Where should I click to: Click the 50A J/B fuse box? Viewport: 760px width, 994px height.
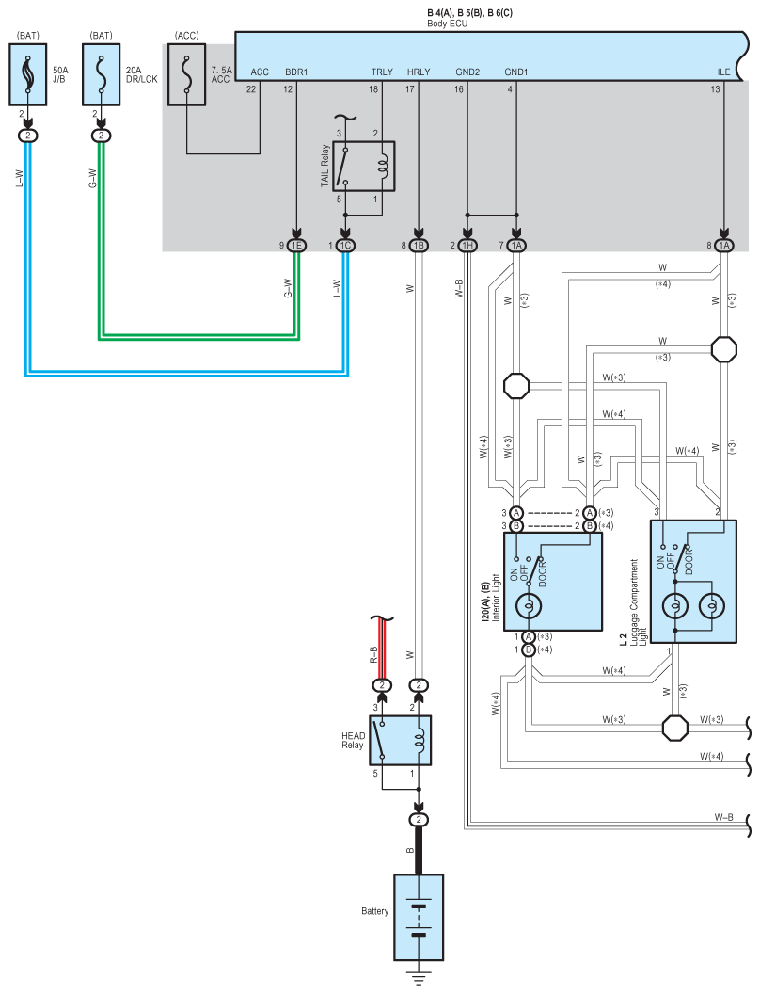(x=28, y=74)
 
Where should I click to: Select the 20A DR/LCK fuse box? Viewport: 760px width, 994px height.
(x=102, y=74)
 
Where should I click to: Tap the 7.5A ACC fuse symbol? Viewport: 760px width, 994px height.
(x=187, y=74)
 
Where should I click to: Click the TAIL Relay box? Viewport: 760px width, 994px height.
(x=363, y=166)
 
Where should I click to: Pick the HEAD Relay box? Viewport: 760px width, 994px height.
(x=401, y=741)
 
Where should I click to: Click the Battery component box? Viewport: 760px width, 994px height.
(x=419, y=918)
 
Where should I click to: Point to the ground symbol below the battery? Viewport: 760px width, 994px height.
(x=419, y=976)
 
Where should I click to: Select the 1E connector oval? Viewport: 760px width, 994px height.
(x=296, y=246)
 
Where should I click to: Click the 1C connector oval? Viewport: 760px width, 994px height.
(x=345, y=246)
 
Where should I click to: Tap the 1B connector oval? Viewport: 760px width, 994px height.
(x=418, y=246)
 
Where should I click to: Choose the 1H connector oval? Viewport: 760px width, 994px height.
(x=467, y=246)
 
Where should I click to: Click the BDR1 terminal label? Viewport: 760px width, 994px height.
(x=296, y=72)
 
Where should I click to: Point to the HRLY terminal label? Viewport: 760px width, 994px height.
(x=419, y=72)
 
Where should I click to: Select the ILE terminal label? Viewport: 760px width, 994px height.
(x=724, y=72)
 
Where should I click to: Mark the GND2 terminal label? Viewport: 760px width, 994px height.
(x=467, y=72)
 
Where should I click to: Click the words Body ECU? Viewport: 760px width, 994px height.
(x=447, y=24)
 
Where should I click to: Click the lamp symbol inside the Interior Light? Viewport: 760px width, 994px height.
(x=528, y=606)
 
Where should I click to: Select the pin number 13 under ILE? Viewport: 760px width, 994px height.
(x=715, y=89)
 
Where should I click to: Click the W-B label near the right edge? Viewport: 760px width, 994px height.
(x=724, y=817)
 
